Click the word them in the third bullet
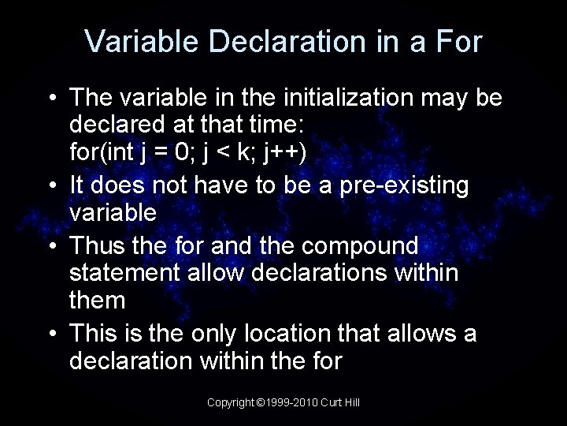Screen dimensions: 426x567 pyautogui.click(x=98, y=300)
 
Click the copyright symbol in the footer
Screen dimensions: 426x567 pyautogui.click(x=261, y=403)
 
